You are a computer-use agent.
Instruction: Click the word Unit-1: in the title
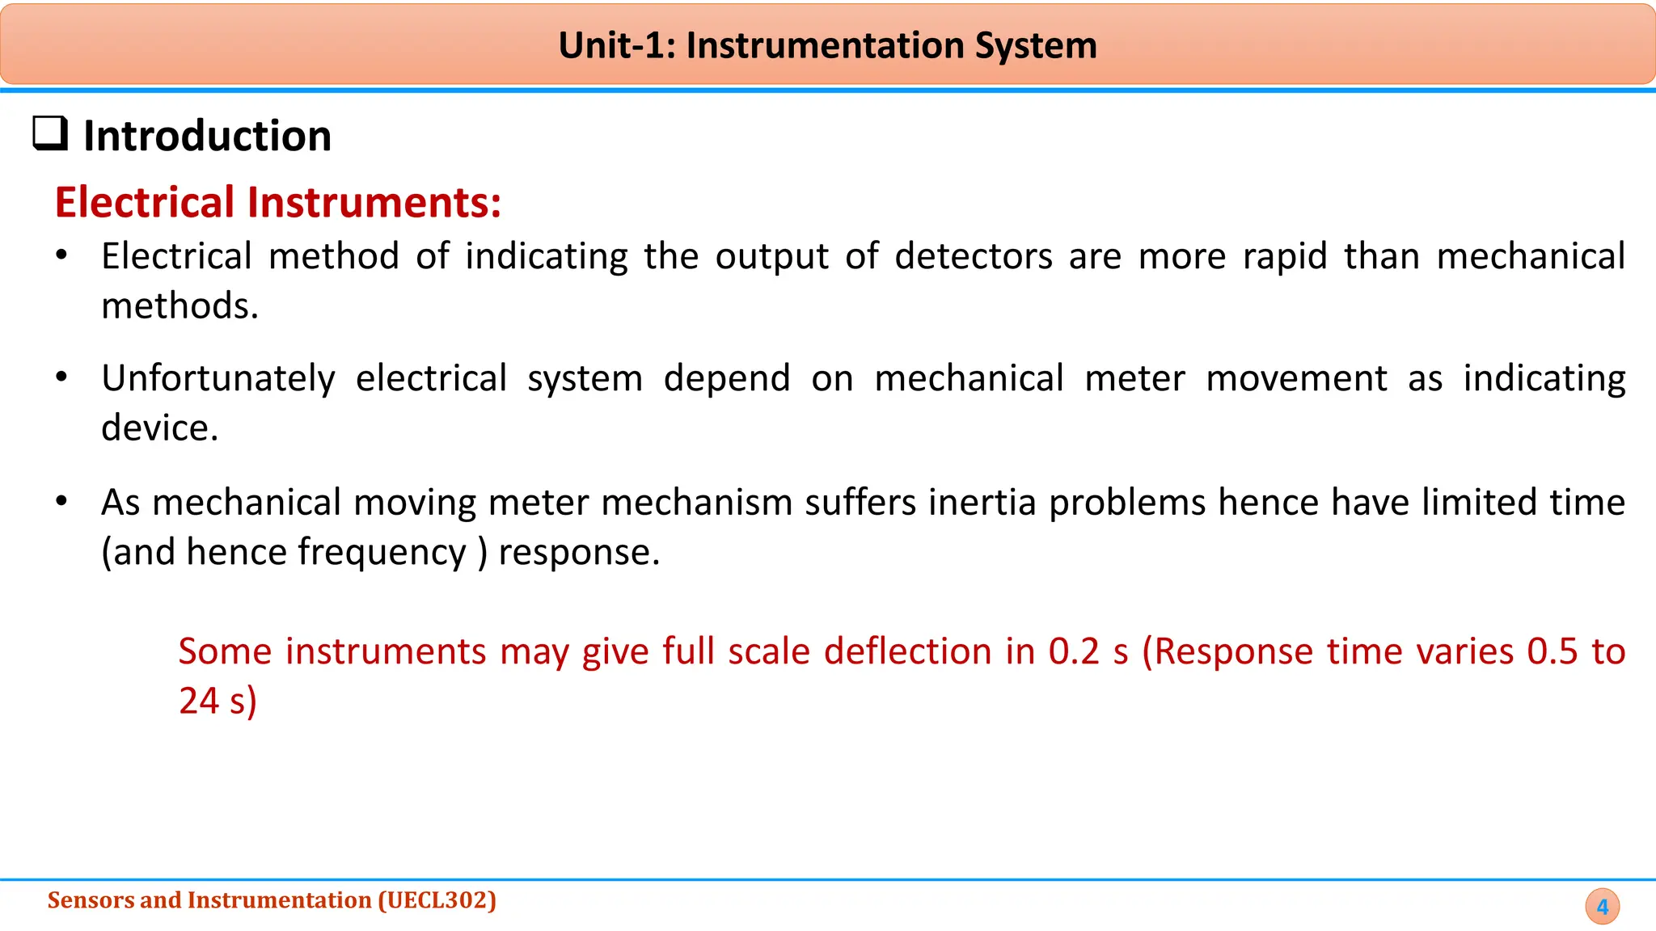[617, 45]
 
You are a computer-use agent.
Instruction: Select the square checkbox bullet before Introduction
[50, 133]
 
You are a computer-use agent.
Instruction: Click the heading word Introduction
[208, 136]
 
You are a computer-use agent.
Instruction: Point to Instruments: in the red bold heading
[374, 202]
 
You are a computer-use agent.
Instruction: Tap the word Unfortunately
[218, 378]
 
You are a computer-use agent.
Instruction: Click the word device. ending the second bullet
[160, 428]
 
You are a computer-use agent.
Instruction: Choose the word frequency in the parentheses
[382, 552]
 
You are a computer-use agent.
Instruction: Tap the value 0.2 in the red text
[1074, 651]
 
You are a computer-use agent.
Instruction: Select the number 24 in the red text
[199, 701]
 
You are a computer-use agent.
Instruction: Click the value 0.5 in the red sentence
[1552, 651]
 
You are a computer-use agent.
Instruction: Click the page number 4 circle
[1602, 907]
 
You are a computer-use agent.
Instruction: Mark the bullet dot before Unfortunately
[61, 377]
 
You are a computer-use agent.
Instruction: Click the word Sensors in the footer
[91, 900]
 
